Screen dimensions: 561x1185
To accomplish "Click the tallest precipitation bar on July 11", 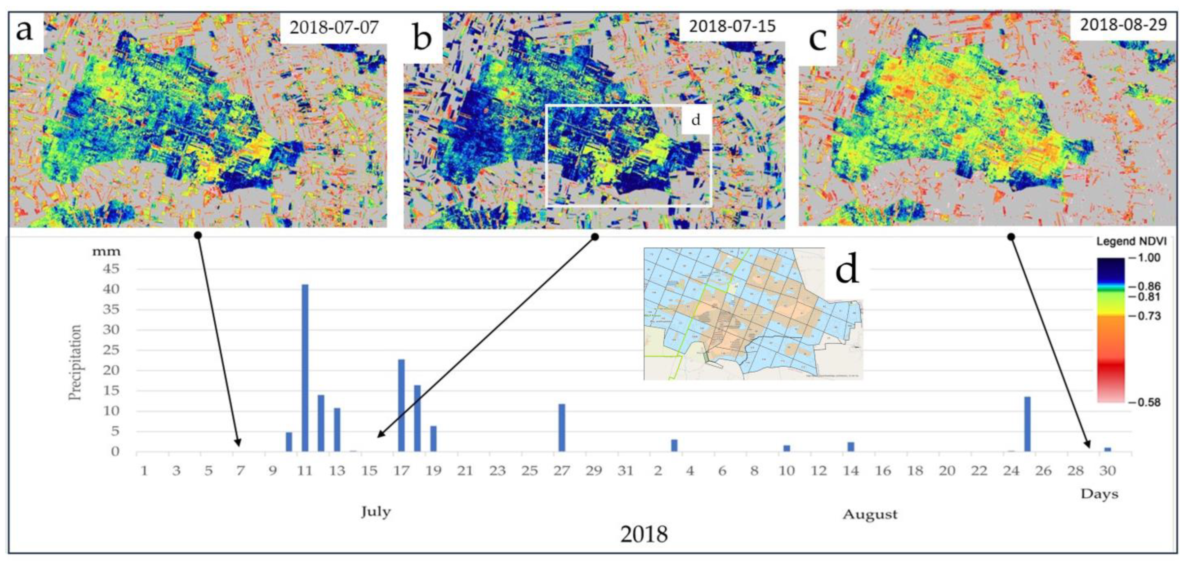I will click(305, 368).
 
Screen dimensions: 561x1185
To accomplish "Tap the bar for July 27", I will click(562, 428).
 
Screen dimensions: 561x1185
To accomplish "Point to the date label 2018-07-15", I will click(732, 26).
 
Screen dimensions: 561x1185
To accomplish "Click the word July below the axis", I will click(376, 512).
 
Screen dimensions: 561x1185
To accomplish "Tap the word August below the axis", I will click(870, 515).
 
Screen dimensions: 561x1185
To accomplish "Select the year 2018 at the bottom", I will click(644, 535).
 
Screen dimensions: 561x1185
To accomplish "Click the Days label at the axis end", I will click(1100, 494).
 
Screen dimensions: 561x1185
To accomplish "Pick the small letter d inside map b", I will click(696, 120).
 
